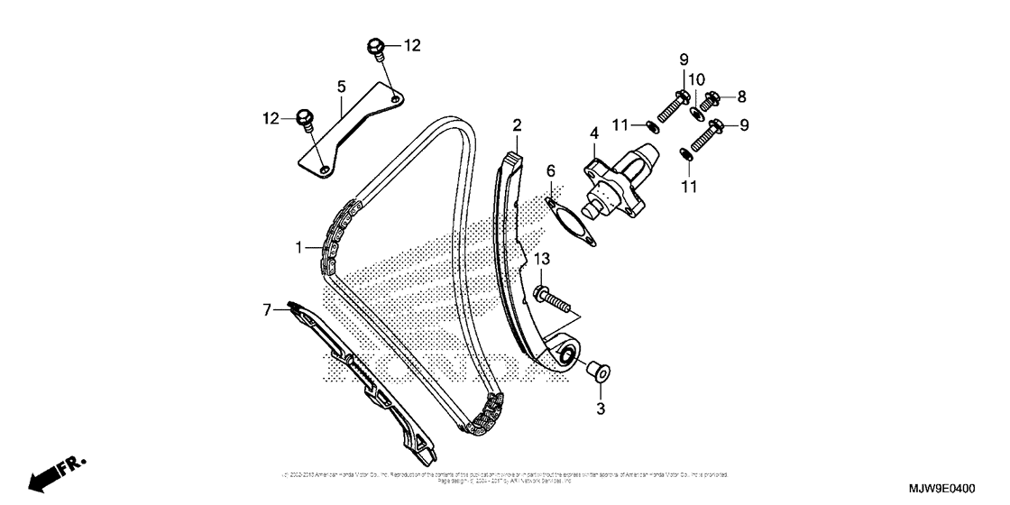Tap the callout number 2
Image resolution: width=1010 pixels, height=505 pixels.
tap(518, 124)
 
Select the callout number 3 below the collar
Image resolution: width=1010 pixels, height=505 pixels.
tap(600, 409)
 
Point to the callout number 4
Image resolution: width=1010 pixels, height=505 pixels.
tap(593, 133)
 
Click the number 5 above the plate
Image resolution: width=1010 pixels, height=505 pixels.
tap(342, 87)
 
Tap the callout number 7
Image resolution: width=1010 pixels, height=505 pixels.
tap(266, 310)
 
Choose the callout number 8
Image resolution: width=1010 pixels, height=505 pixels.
tap(742, 96)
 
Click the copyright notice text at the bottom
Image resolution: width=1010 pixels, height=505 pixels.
tap(505, 476)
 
